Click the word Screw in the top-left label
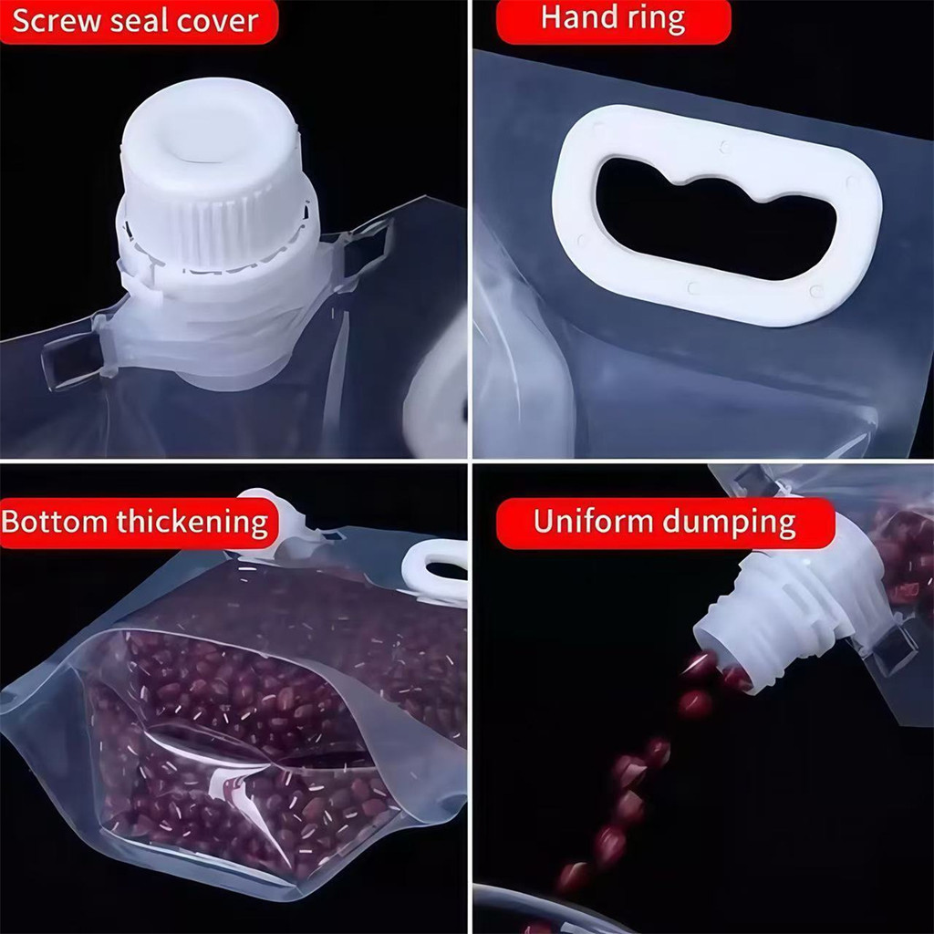tap(57, 22)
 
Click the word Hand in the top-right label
tap(576, 18)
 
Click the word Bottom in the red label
tap(55, 522)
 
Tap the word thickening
tap(192, 523)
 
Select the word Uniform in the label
tap(594, 521)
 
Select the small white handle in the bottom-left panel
tap(433, 569)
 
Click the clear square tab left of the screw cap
tap(70, 358)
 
